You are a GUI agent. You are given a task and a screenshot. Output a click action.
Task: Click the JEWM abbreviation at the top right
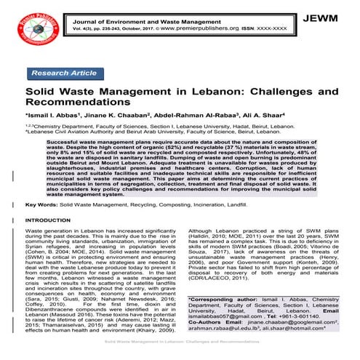point(334,16)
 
